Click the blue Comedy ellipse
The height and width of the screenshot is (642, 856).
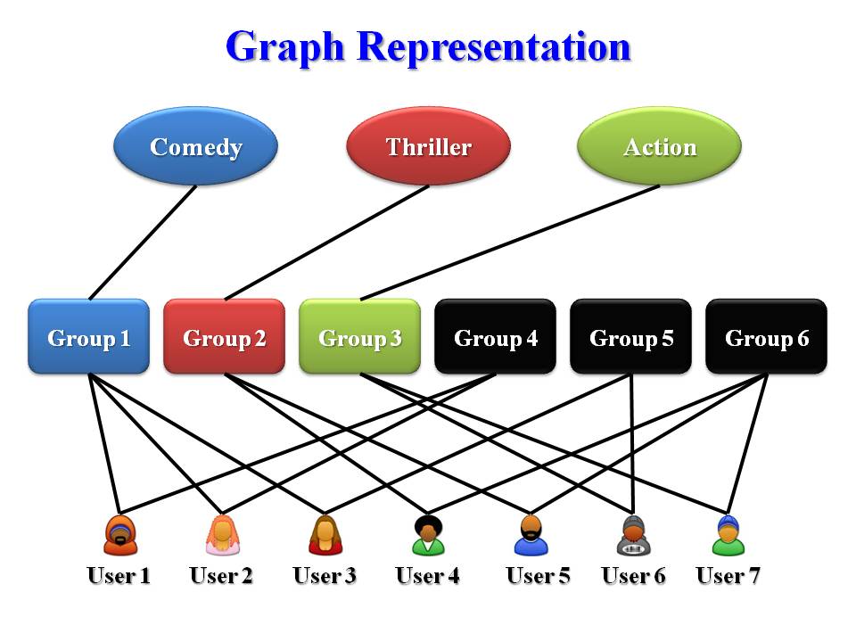pyautogui.click(x=196, y=146)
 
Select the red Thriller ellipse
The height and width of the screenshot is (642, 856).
pyautogui.click(x=428, y=146)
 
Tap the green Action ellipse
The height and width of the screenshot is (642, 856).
pyautogui.click(x=660, y=146)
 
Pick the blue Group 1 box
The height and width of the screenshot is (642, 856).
pyautogui.click(x=89, y=337)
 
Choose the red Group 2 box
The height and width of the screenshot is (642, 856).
pyautogui.click(x=224, y=337)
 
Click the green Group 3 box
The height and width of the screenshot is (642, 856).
pyautogui.click(x=359, y=337)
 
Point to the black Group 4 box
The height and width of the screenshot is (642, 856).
pyautogui.click(x=495, y=337)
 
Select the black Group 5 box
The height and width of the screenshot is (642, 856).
pyautogui.click(x=630, y=337)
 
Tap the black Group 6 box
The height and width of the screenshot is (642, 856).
pyautogui.click(x=766, y=337)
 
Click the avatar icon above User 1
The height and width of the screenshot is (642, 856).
pyautogui.click(x=119, y=535)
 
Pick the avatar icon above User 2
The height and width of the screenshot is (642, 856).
pyautogui.click(x=222, y=535)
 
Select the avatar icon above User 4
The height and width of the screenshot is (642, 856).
pyautogui.click(x=428, y=535)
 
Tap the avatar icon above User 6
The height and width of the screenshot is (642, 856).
pyautogui.click(x=633, y=535)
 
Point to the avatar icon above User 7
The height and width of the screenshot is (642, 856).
pyautogui.click(x=728, y=535)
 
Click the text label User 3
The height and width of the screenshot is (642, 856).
pyautogui.click(x=325, y=576)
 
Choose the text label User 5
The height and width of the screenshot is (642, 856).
pyautogui.click(x=538, y=576)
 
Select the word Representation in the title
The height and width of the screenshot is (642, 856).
pyautogui.click(x=495, y=46)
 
